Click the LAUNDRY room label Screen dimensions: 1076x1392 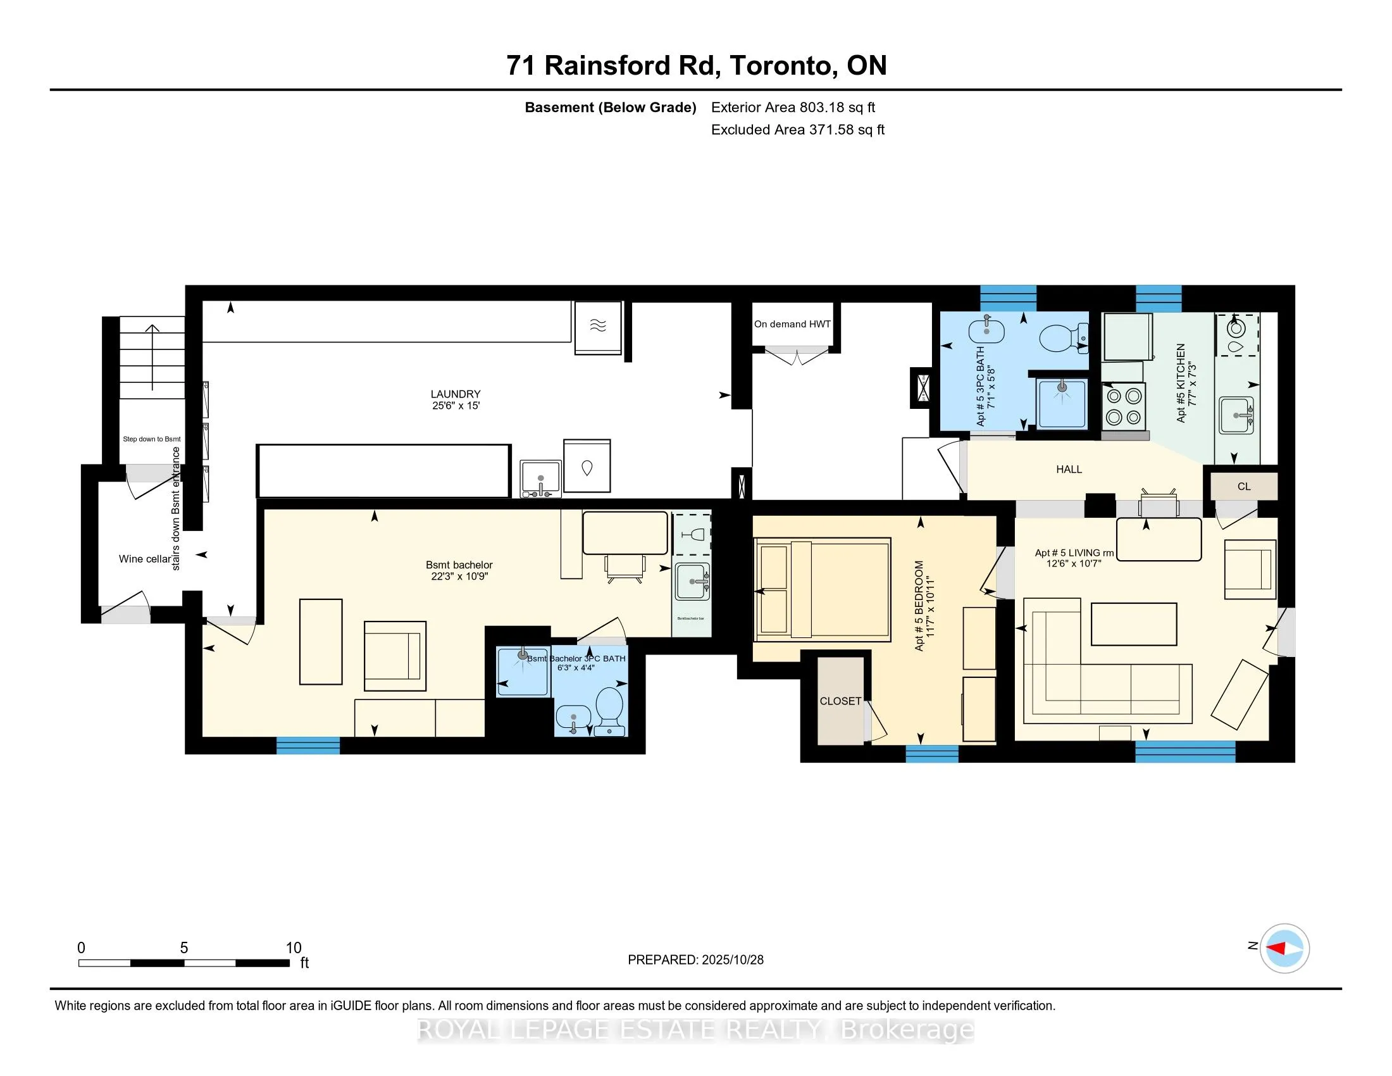click(x=455, y=394)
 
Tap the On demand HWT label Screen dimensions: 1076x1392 click(x=792, y=324)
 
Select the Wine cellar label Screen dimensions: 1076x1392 click(x=145, y=559)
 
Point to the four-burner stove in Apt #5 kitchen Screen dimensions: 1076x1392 click(x=1124, y=407)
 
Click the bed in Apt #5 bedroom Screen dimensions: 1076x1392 click(x=822, y=589)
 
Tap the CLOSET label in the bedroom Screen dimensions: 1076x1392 click(x=840, y=701)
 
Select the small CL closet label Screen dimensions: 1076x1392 click(x=1243, y=486)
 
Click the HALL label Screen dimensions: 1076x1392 click(x=1069, y=469)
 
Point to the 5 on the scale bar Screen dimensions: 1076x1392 click(x=183, y=948)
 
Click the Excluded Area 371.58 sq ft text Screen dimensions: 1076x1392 click(x=797, y=130)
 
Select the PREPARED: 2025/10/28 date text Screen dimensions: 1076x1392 click(x=695, y=960)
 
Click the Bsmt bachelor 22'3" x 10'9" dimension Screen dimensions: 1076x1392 click(x=459, y=576)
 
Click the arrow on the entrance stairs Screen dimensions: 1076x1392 click(x=152, y=357)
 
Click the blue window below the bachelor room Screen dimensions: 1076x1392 click(x=308, y=745)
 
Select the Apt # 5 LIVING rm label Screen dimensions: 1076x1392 click(x=1074, y=553)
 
